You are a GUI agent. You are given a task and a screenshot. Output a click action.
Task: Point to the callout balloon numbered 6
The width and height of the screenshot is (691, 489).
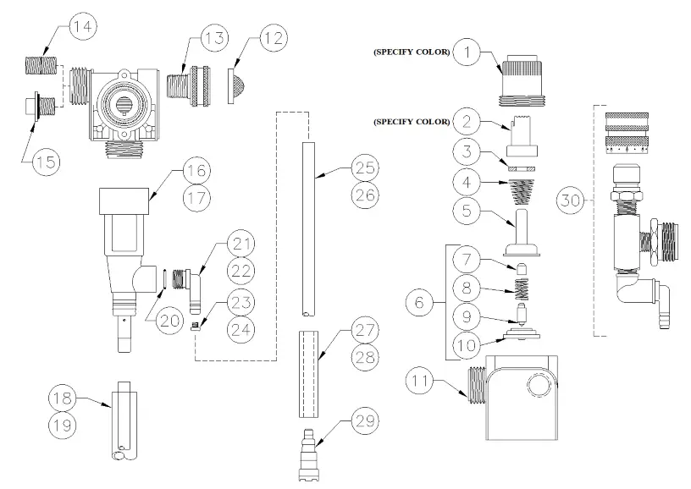coord(416,300)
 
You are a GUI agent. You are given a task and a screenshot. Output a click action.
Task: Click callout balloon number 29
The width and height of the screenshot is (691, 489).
coord(365,420)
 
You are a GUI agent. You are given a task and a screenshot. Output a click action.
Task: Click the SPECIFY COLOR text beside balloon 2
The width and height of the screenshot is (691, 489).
coord(409,121)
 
